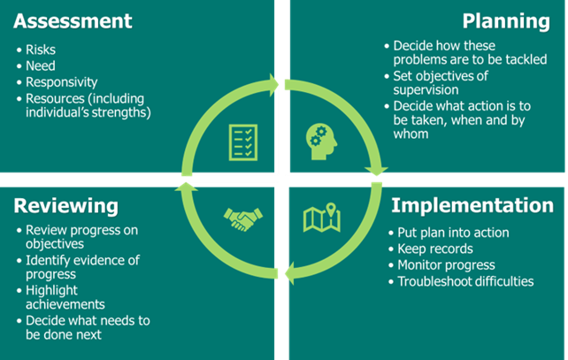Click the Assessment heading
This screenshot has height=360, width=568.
[73, 20]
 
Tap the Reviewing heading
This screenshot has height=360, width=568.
[66, 206]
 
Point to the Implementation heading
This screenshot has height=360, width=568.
[472, 205]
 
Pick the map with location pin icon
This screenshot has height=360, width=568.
[322, 218]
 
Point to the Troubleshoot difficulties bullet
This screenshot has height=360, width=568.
[464, 281]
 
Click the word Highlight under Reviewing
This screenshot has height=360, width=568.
[52, 290]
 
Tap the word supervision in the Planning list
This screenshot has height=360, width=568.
[428, 90]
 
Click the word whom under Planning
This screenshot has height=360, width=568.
[413, 134]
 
